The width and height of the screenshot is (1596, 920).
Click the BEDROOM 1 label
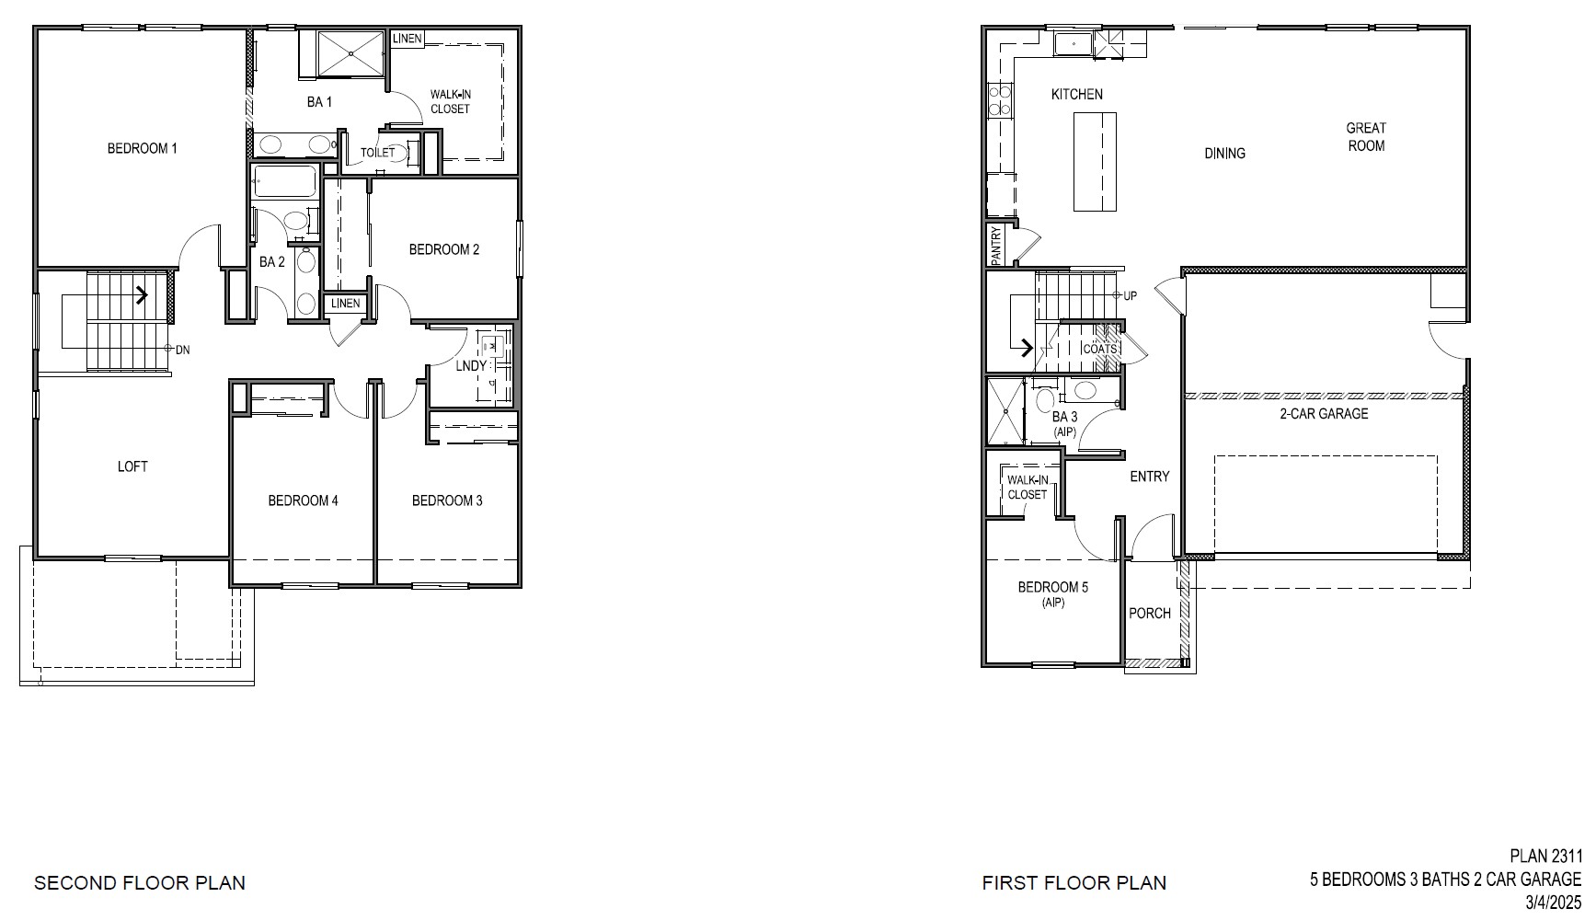(x=142, y=148)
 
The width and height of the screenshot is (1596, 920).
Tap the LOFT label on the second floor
(x=132, y=466)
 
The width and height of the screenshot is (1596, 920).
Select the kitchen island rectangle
(x=1095, y=161)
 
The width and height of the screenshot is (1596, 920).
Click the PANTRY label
(x=996, y=246)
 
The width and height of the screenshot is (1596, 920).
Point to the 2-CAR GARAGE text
(x=1324, y=414)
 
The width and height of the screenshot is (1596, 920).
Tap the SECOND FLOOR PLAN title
(x=140, y=883)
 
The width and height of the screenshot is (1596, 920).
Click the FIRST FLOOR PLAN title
(x=1074, y=883)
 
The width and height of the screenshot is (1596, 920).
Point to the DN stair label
(x=182, y=350)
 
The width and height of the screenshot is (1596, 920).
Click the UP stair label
(x=1130, y=295)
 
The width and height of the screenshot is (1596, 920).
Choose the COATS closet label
(x=1099, y=349)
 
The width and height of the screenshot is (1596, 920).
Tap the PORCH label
(x=1150, y=613)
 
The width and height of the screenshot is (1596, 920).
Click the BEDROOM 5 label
(x=1053, y=587)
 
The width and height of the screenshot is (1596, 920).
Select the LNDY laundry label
(x=471, y=365)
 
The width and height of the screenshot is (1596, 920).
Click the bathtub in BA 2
(x=284, y=182)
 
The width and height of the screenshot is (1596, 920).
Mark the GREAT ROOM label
(x=1366, y=136)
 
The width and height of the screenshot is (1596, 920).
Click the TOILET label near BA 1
(x=377, y=153)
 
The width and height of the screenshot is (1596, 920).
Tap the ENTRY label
(x=1149, y=476)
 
